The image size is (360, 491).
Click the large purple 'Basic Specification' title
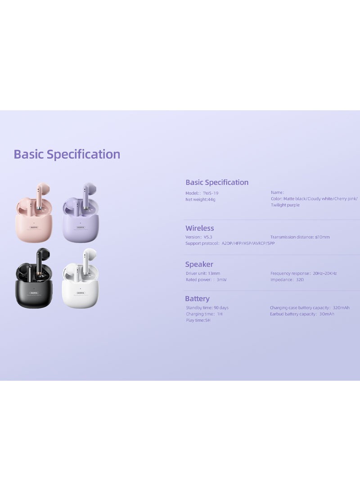67,154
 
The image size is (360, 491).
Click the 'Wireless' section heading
200,228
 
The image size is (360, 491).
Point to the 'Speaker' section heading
199,264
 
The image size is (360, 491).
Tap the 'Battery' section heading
197,299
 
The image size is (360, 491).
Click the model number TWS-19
210,193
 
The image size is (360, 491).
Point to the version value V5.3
208,237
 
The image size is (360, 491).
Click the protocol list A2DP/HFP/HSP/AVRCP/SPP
248,243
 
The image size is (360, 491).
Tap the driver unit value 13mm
214,273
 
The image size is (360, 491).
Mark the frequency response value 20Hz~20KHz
324,273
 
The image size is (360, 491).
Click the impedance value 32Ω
300,279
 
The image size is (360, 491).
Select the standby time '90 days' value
221,308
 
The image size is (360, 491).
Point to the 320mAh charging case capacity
341,308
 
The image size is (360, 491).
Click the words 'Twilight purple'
285,205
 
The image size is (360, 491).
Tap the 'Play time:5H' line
198,320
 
